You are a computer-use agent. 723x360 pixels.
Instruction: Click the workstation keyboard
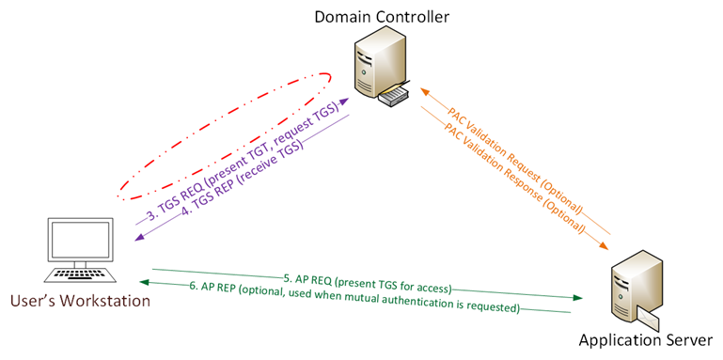80,274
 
